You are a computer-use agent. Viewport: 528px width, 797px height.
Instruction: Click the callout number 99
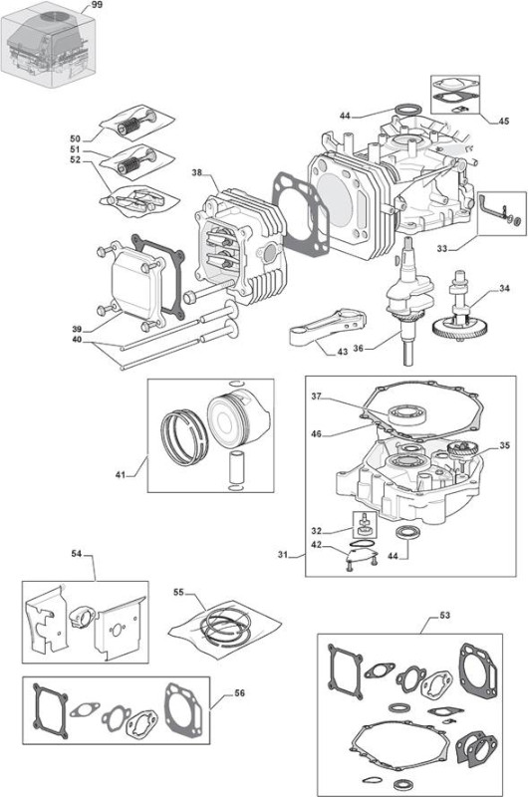pyautogui.click(x=97, y=5)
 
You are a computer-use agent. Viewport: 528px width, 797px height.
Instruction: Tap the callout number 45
pyautogui.click(x=504, y=121)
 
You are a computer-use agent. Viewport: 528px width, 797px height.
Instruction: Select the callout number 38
pyautogui.click(x=196, y=172)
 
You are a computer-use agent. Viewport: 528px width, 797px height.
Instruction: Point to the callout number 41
pyautogui.click(x=121, y=475)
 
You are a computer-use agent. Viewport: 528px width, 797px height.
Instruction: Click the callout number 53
pyautogui.click(x=444, y=615)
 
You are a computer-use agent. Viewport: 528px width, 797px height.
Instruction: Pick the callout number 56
pyautogui.click(x=239, y=693)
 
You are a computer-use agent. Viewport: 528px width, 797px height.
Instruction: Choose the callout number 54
pyautogui.click(x=77, y=554)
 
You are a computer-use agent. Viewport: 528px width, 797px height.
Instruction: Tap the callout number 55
pyautogui.click(x=178, y=592)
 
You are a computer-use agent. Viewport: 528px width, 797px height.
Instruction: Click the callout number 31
pyautogui.click(x=283, y=555)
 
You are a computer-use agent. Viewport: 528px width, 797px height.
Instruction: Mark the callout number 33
pyautogui.click(x=442, y=248)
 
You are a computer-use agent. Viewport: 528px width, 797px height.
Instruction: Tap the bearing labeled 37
pyautogui.click(x=406, y=414)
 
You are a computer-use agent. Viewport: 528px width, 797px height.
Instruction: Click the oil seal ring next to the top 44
pyautogui.click(x=408, y=110)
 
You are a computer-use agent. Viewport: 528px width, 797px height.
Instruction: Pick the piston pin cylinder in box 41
pyautogui.click(x=236, y=466)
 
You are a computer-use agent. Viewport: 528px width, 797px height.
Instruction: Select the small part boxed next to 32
pyautogui.click(x=365, y=526)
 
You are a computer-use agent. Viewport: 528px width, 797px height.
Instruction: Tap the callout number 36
pyautogui.click(x=359, y=349)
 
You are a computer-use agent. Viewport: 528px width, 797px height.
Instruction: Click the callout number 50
pyautogui.click(x=75, y=138)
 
